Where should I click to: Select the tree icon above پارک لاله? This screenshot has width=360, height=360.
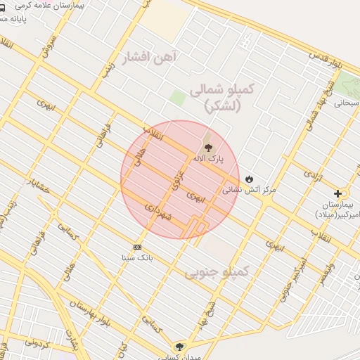click(x=207, y=148)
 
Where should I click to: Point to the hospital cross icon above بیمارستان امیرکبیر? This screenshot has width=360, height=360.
click(x=338, y=193)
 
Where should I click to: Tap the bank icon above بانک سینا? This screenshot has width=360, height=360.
click(x=137, y=247)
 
